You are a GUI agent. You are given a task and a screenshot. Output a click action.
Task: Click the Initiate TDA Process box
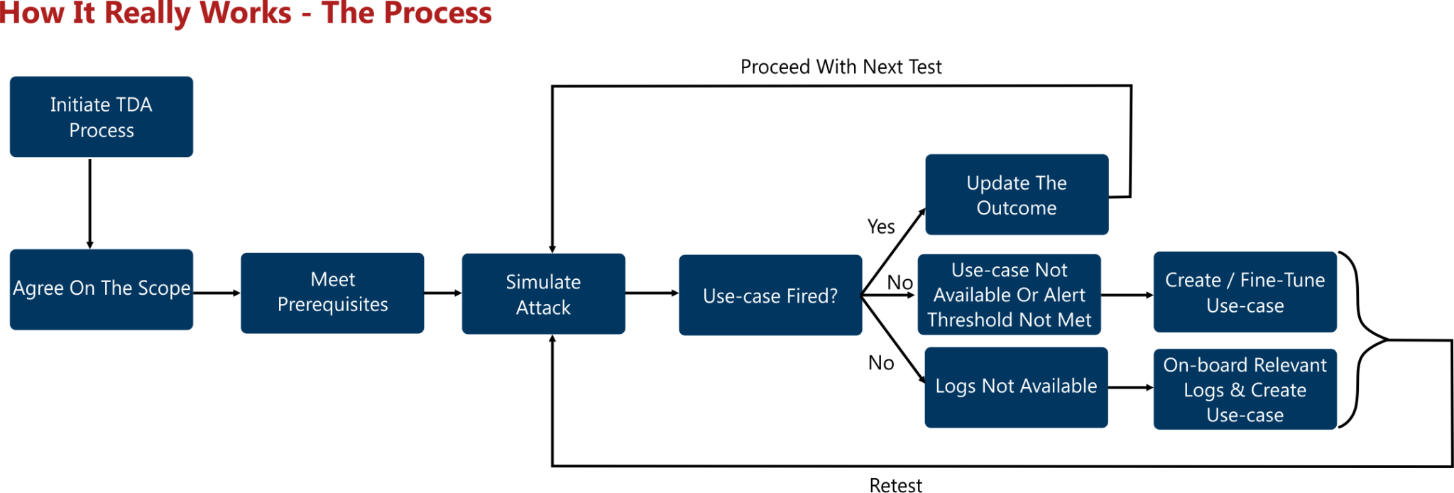pos(101,117)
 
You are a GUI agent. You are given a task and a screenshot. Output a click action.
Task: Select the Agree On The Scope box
pos(101,289)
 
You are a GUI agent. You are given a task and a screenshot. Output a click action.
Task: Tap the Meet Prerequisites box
pos(332,293)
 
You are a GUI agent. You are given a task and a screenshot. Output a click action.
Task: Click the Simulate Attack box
pos(543,293)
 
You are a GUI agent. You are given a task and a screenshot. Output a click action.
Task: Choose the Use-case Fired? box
pos(770,295)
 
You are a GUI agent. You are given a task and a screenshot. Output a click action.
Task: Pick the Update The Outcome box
pos(1016,195)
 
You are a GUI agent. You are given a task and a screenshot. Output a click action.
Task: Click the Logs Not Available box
pos(1015,386)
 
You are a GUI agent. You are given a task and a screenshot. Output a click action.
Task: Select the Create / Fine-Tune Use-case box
pos(1245,292)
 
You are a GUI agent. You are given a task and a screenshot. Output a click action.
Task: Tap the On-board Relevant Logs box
pos(1245,389)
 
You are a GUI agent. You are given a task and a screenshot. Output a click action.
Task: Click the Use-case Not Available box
pos(1009,294)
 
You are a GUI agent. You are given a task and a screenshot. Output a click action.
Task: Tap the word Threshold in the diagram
pos(971,320)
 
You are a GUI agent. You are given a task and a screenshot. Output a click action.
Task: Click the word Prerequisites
pos(332,305)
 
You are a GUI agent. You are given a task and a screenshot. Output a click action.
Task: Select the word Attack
pos(543,308)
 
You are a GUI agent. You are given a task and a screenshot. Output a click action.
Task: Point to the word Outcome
pos(1016,208)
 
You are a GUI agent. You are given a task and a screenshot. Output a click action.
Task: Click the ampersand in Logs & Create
pos(1237,390)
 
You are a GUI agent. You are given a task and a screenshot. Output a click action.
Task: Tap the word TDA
pos(133,105)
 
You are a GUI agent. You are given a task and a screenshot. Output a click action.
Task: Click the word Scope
pos(165,288)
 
